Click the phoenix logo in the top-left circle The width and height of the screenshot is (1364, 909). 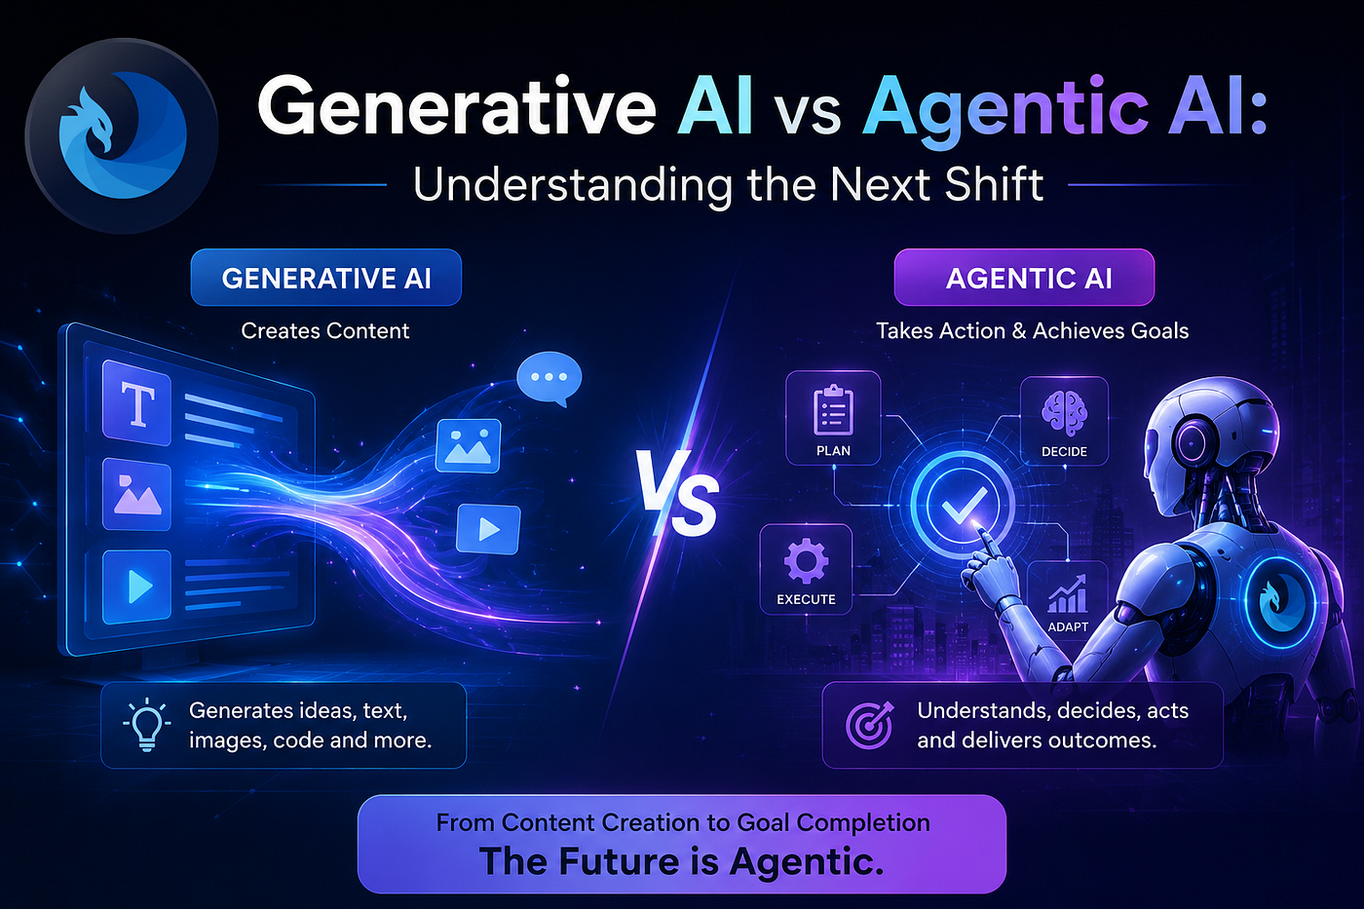click(x=122, y=135)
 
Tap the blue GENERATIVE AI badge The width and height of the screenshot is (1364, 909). click(x=325, y=278)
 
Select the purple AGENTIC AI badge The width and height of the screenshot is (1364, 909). click(x=1024, y=278)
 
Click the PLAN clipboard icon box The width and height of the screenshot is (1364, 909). click(x=833, y=418)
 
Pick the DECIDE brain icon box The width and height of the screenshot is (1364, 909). click(x=1064, y=421)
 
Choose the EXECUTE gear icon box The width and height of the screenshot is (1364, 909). click(x=806, y=569)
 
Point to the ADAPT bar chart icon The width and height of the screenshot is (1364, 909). click(x=1067, y=594)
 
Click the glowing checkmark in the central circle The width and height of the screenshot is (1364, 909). click(x=964, y=505)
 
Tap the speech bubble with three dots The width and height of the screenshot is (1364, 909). click(x=549, y=378)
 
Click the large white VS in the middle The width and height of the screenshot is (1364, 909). click(x=678, y=493)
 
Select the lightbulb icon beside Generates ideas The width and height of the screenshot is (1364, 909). click(x=146, y=725)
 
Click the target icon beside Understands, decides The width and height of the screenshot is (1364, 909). click(x=869, y=725)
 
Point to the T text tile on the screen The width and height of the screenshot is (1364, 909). click(x=137, y=403)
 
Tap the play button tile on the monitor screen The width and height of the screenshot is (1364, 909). click(x=137, y=587)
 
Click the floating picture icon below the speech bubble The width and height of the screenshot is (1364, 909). click(x=469, y=445)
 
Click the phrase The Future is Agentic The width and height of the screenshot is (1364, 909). click(x=681, y=861)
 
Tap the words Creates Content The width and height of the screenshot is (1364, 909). click(x=325, y=330)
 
